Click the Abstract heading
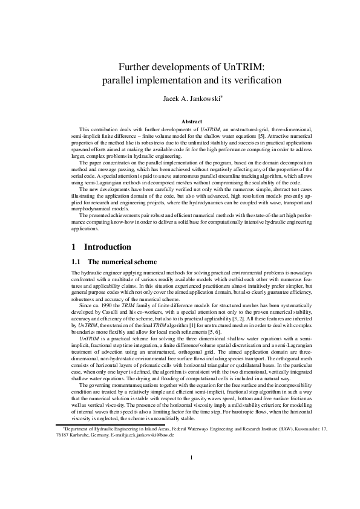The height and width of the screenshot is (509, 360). pos(180,122)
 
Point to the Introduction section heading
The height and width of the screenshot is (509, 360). pos(107,247)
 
